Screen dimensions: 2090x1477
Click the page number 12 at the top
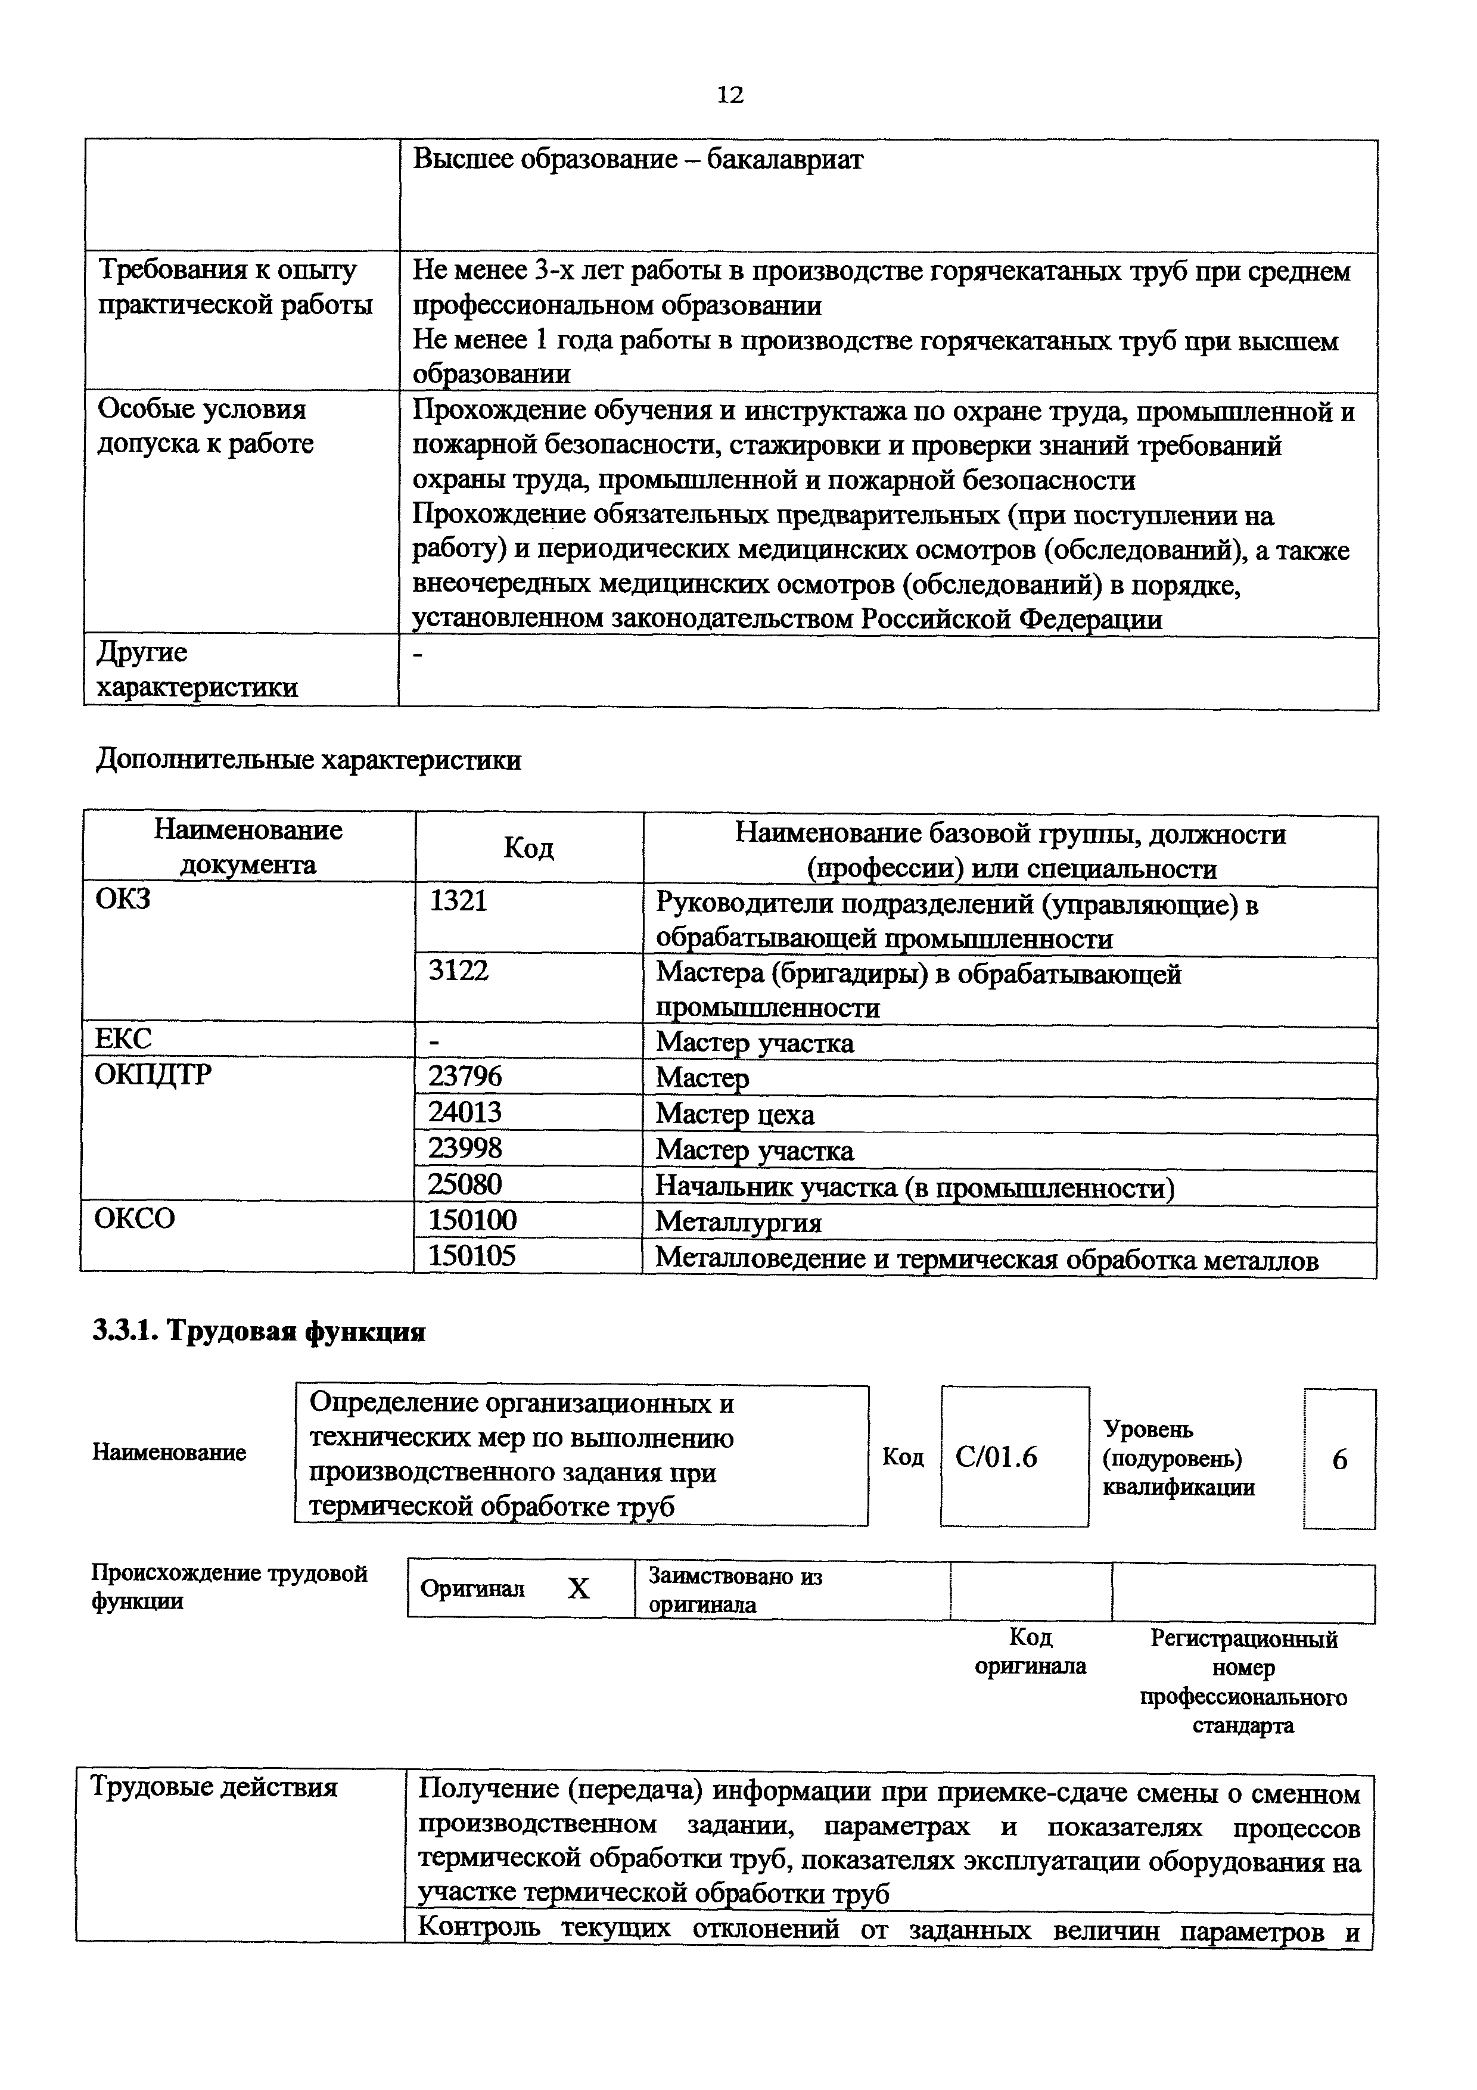[730, 95]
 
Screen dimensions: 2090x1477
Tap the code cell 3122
[459, 971]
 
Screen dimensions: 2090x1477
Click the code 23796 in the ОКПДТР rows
[465, 1077]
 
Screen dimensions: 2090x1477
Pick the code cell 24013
[465, 1112]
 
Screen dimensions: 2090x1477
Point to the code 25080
[465, 1184]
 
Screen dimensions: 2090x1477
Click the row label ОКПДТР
[153, 1075]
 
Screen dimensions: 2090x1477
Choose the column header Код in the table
[528, 848]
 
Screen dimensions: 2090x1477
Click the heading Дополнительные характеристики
[309, 760]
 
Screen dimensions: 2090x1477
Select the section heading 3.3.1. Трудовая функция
[259, 1332]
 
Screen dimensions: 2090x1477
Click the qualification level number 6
[1339, 1460]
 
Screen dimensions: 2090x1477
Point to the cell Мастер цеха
[735, 1114]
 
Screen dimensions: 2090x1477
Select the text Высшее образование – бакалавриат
[638, 160]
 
